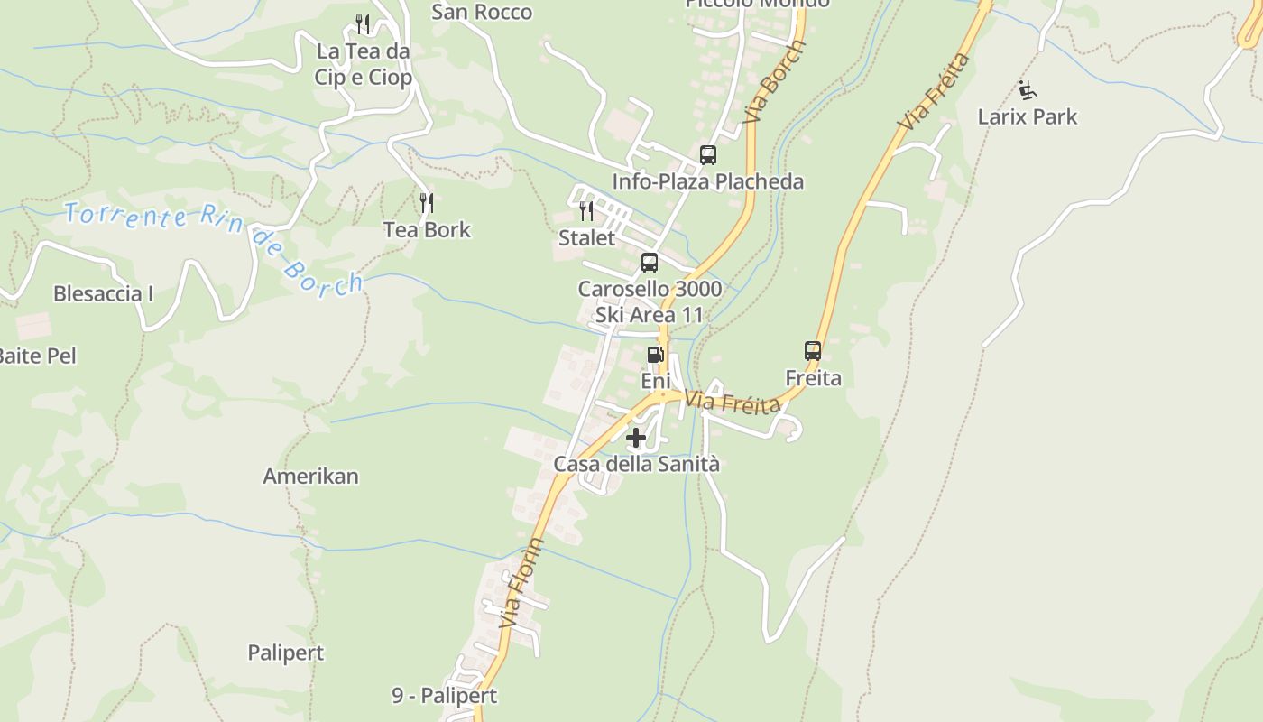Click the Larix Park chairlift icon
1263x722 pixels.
point(1028,89)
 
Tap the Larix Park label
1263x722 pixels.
point(1028,116)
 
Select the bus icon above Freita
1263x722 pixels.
point(813,351)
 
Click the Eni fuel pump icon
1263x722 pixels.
point(655,355)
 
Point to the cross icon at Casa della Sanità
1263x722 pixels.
point(636,439)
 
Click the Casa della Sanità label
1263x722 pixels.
point(636,464)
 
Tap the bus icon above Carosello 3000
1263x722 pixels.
point(650,263)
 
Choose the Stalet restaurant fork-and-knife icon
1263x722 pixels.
point(586,211)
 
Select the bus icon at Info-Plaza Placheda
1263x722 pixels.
point(708,155)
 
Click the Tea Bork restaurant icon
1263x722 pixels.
point(427,202)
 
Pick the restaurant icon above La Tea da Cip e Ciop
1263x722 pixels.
point(363,23)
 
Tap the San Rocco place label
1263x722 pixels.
point(482,12)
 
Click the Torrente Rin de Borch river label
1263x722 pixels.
point(214,245)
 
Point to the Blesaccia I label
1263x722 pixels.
point(104,293)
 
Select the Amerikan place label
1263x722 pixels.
point(310,476)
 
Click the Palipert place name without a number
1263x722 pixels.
point(286,653)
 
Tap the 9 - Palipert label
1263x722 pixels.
point(444,696)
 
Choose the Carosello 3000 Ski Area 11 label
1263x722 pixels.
point(650,301)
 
